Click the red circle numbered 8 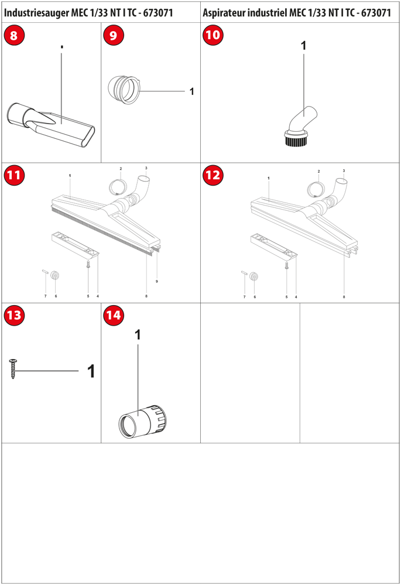click(14, 35)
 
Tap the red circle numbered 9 click(114, 35)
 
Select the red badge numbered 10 click(213, 35)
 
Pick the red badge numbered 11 click(14, 175)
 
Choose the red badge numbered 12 click(213, 175)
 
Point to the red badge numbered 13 click(14, 315)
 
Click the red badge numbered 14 click(114, 315)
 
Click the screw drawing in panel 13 click(13, 368)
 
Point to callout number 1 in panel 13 click(91, 371)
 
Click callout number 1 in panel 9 click(192, 91)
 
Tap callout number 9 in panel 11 click(157, 281)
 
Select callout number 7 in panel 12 click(244, 297)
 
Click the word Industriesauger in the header click(36, 13)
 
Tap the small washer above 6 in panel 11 click(56, 276)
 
